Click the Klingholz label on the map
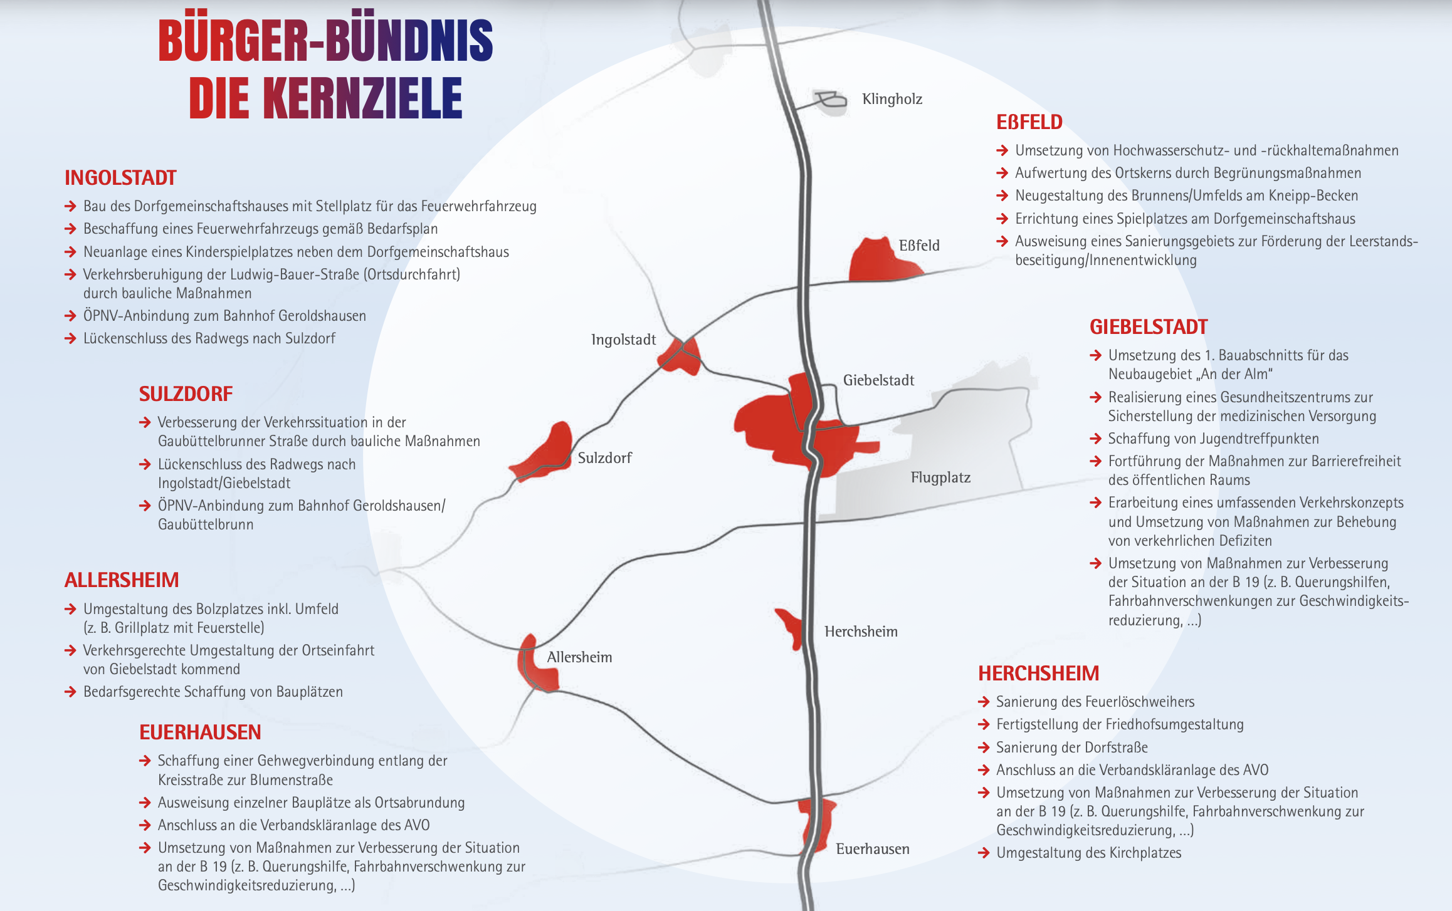tap(892, 99)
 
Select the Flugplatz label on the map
tap(940, 477)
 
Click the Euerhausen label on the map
tap(872, 849)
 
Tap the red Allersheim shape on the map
tap(535, 668)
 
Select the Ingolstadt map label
tap(623, 340)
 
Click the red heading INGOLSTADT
tap(120, 178)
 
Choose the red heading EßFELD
tap(1029, 122)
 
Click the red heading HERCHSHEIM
tap(1038, 674)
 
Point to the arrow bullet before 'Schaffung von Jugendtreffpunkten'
tap(1095, 439)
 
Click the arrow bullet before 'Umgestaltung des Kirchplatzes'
tap(984, 853)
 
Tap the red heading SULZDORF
tap(186, 394)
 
